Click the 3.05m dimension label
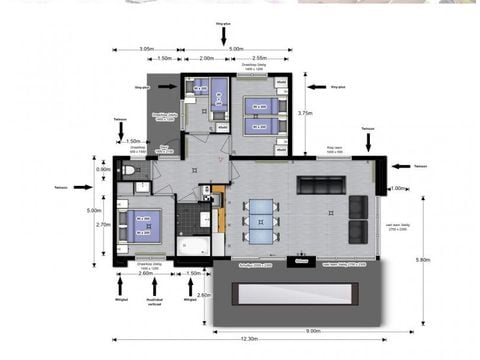146,48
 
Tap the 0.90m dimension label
103,169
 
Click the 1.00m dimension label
397,188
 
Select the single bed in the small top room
200,90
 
